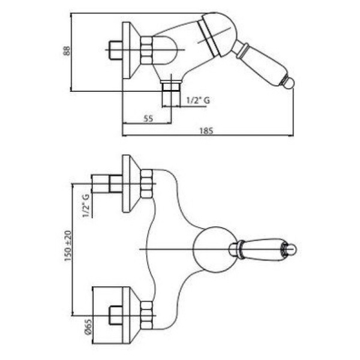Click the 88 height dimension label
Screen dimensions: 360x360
(67, 51)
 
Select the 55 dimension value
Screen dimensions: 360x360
(148, 118)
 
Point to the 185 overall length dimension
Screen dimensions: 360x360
(206, 131)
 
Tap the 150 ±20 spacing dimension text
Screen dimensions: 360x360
(68, 246)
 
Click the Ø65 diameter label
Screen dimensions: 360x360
(88, 327)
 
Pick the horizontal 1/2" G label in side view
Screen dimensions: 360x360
(198, 100)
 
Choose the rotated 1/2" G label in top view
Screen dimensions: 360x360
(86, 206)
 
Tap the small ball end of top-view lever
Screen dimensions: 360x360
(292, 250)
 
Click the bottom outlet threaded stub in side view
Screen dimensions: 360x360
(171, 93)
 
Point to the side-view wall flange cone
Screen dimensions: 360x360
(131, 50)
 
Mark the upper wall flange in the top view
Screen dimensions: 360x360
(131, 184)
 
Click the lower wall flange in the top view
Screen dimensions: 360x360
(131, 316)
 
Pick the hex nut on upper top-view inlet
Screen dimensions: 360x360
(146, 184)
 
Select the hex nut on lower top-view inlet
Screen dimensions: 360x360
(146, 316)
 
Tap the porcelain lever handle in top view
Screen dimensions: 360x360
(262, 250)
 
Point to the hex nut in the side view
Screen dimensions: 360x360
(146, 50)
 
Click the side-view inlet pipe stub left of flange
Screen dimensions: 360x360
(116, 50)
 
